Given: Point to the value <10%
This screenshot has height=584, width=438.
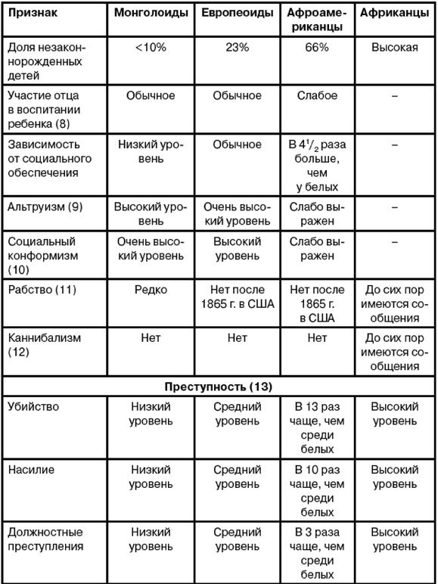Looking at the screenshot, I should pos(151,48).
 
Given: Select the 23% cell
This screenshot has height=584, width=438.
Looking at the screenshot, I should pos(237,48).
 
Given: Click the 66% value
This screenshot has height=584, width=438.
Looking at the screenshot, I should pos(318,48).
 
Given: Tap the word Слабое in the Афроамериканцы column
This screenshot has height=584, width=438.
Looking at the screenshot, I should pos(318,96).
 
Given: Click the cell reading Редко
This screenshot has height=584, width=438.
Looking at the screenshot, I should pos(151,290).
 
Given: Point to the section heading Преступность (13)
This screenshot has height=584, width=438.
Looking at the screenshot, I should pos(219,385).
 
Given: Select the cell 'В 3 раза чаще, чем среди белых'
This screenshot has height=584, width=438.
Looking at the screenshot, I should pos(318,552).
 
